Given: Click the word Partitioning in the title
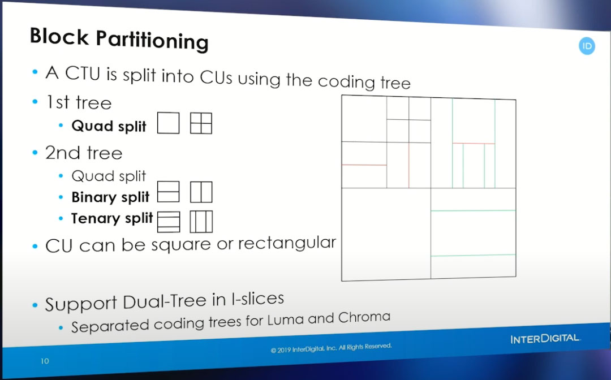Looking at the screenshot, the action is [152, 40].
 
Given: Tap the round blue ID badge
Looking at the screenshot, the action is [587, 46].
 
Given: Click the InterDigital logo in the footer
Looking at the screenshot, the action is [545, 339].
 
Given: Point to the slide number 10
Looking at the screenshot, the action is [45, 361].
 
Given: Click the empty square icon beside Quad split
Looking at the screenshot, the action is [169, 123].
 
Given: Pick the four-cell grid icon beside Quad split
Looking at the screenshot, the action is [201, 123].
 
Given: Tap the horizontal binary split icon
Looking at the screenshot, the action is [169, 192].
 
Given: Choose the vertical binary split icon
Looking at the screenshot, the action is [201, 192].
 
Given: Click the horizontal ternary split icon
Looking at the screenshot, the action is [169, 222].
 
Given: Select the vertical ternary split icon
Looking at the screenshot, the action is [201, 222].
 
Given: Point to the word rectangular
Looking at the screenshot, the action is [287, 243].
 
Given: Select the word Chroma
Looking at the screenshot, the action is [364, 317].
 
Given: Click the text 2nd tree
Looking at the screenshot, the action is [84, 153].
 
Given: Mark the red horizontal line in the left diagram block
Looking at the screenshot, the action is [364, 165].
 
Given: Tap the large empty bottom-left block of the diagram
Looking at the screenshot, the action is [386, 234].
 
